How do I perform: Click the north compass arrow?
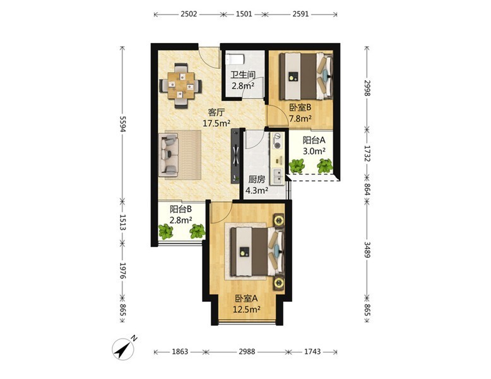[124, 349]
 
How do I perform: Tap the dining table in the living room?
[180, 85]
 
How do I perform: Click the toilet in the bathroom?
[235, 59]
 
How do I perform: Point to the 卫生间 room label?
[243, 75]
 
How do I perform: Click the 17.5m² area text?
[216, 123]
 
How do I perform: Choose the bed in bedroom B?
[306, 76]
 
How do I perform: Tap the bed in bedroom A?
[257, 252]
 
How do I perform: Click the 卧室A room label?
[246, 298]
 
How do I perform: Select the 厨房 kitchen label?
[256, 179]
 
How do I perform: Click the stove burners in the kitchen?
[277, 140]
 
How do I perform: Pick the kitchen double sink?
[278, 176]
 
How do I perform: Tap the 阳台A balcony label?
[314, 140]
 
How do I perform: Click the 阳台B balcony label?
[180, 209]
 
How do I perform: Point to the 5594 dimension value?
[122, 124]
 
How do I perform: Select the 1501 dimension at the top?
[244, 14]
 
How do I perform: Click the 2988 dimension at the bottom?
[247, 351]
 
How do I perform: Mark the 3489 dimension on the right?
[367, 250]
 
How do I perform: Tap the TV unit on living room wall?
[235, 156]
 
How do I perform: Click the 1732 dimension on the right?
[367, 153]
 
